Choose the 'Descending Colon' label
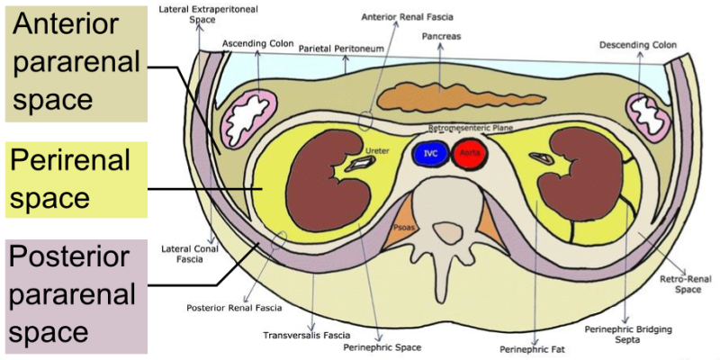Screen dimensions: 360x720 point(638,45)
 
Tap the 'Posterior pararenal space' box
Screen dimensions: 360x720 point(76,296)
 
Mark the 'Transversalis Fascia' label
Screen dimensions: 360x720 point(306,335)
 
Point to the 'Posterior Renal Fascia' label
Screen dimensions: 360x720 point(221,307)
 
